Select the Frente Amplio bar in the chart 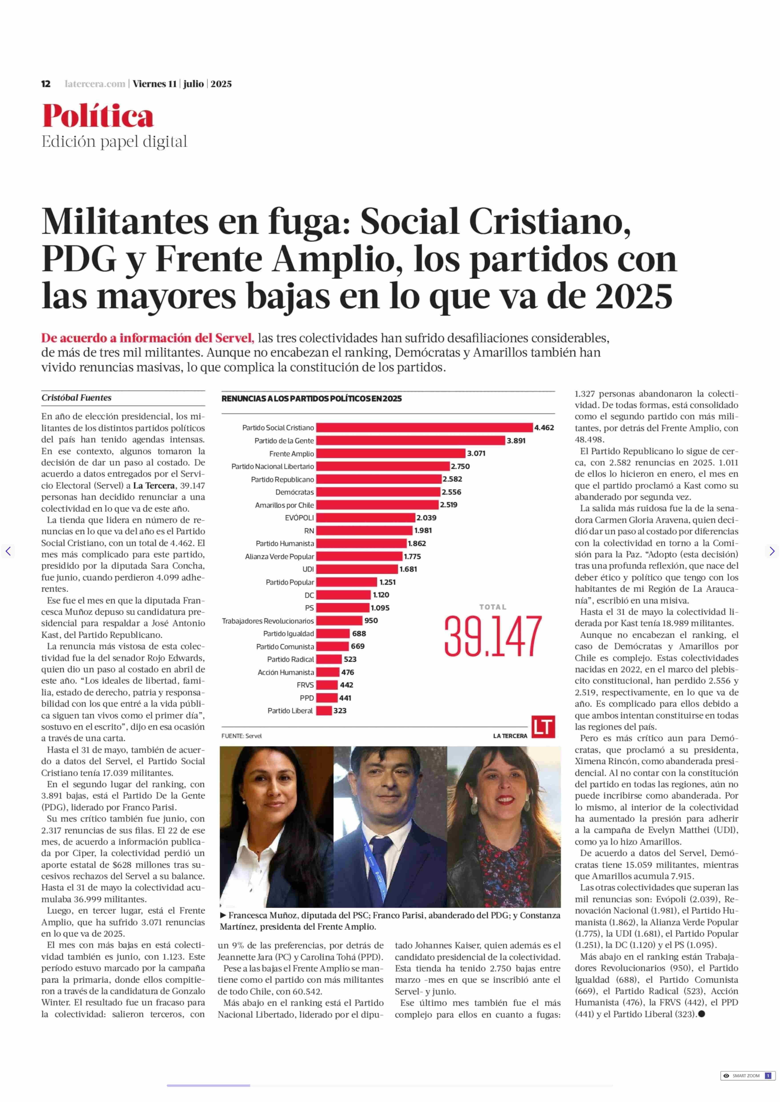point(391,453)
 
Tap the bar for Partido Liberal point(324,711)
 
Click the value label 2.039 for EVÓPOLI point(426,518)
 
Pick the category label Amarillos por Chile point(284,505)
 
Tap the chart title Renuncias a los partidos point(311,399)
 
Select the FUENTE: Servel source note point(242,736)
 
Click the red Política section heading point(98,116)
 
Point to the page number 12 point(46,84)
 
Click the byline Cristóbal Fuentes point(76,398)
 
